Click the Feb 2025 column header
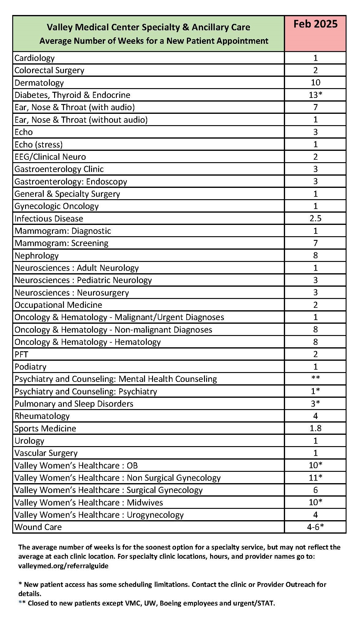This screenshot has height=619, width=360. [x=315, y=24]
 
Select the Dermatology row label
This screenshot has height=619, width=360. [x=39, y=83]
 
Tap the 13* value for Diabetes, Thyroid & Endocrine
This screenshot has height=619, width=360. [x=315, y=95]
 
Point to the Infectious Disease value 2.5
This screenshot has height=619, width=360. [x=315, y=218]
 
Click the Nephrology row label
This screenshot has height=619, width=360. [x=36, y=255]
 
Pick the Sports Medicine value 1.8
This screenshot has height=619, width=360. [x=315, y=428]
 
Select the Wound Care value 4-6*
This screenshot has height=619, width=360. [x=315, y=527]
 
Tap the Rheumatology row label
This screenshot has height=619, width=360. [x=42, y=416]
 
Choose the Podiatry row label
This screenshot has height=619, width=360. [x=30, y=367]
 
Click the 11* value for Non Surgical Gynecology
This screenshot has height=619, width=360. [x=315, y=478]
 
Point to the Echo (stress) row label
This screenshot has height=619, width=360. [x=38, y=144]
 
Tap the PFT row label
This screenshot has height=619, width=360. [x=21, y=354]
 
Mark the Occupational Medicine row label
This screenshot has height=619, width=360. [x=58, y=305]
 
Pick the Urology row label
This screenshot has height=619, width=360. [x=29, y=441]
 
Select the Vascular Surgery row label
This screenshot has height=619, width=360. [x=46, y=453]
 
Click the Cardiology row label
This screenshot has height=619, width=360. [x=34, y=58]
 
